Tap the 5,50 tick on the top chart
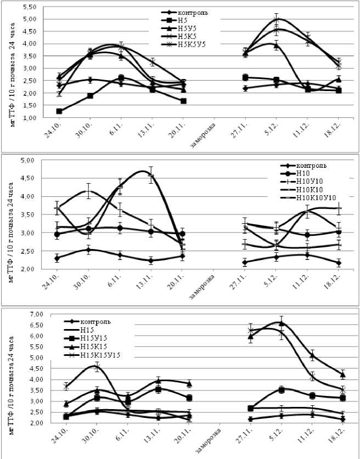click(x=29, y=7)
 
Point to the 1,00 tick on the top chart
click(x=29, y=118)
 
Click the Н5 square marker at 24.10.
click(x=59, y=111)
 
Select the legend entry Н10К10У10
click(x=315, y=197)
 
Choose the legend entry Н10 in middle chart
click(x=304, y=173)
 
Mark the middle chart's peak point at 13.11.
click(x=150, y=175)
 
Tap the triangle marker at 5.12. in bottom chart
click(x=282, y=323)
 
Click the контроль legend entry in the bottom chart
click(x=96, y=322)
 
